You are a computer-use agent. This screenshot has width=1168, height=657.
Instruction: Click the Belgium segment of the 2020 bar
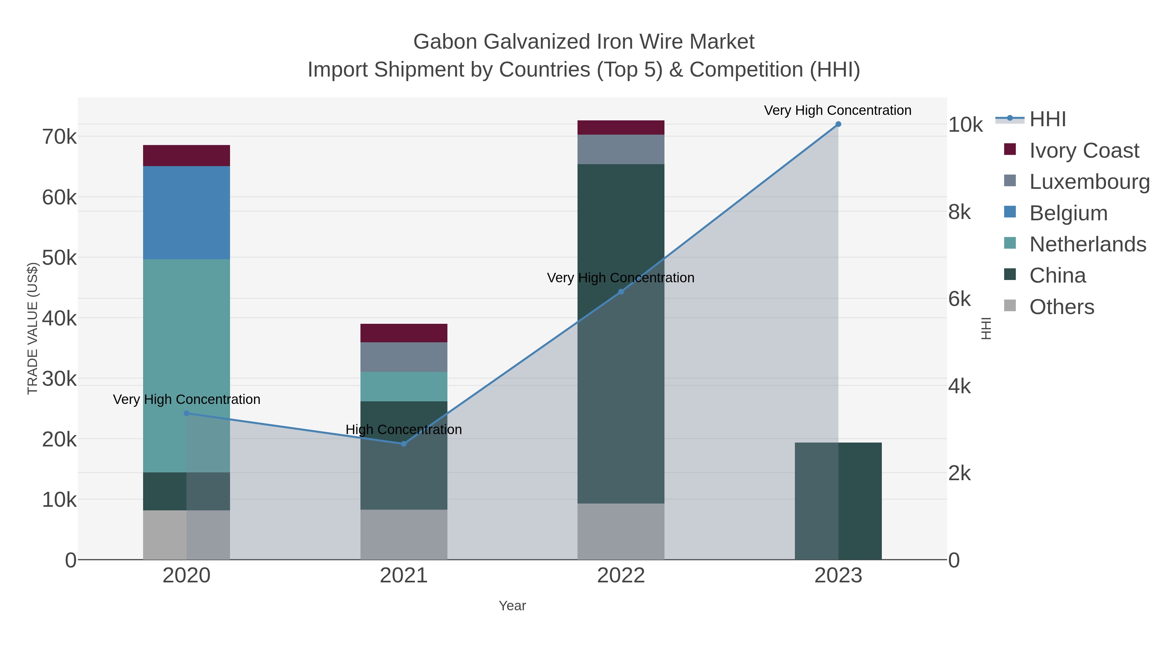[186, 212]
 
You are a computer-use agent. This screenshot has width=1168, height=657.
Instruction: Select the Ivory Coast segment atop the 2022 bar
[621, 128]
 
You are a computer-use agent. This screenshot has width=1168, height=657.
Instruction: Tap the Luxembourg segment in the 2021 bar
[404, 357]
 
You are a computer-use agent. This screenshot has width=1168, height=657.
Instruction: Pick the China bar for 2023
[838, 501]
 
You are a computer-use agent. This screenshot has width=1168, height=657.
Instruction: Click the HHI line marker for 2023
[838, 124]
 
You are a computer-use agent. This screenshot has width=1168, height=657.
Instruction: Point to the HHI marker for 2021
[404, 444]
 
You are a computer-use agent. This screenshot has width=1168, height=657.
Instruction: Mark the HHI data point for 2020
[186, 413]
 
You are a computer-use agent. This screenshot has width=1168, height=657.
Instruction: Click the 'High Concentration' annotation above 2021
[404, 429]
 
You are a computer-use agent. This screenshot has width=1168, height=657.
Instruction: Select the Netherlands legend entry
[1087, 244]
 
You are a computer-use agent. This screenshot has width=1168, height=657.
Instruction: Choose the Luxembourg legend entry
[1089, 181]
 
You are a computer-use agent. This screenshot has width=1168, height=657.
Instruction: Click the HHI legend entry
[1047, 119]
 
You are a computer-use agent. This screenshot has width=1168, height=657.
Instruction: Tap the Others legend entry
[1062, 307]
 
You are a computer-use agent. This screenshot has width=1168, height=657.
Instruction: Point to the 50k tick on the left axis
[59, 258]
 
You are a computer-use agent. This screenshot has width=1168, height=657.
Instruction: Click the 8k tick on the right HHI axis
[959, 212]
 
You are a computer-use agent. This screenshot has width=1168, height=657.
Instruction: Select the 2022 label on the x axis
[621, 575]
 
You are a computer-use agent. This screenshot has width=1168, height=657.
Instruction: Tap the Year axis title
[512, 605]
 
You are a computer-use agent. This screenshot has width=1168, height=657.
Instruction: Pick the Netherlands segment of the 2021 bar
[404, 386]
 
